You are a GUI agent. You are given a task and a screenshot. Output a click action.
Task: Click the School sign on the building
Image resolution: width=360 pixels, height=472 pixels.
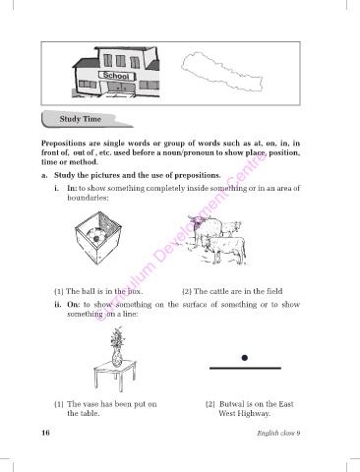pos(116,76)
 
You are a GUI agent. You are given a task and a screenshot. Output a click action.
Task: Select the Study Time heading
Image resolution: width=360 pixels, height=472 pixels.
pos(81,119)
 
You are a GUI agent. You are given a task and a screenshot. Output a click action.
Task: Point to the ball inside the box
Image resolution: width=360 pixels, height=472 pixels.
pos(97,234)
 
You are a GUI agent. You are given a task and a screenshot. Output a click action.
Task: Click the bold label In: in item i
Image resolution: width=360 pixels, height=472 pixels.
pos(72,188)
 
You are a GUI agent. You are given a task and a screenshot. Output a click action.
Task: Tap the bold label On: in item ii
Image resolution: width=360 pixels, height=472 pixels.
pos(73,305)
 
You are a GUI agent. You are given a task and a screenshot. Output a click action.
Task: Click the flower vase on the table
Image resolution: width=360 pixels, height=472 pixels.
pos(117,347)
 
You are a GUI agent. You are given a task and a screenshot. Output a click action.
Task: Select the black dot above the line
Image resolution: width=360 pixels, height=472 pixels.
pos(244,358)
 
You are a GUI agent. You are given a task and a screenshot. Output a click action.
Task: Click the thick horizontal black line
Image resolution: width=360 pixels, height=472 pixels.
pos(245,369)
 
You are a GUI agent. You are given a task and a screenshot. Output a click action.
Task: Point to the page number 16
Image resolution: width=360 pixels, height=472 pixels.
pos(45,433)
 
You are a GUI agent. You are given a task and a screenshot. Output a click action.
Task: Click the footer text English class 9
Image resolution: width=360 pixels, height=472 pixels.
pos(278,433)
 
